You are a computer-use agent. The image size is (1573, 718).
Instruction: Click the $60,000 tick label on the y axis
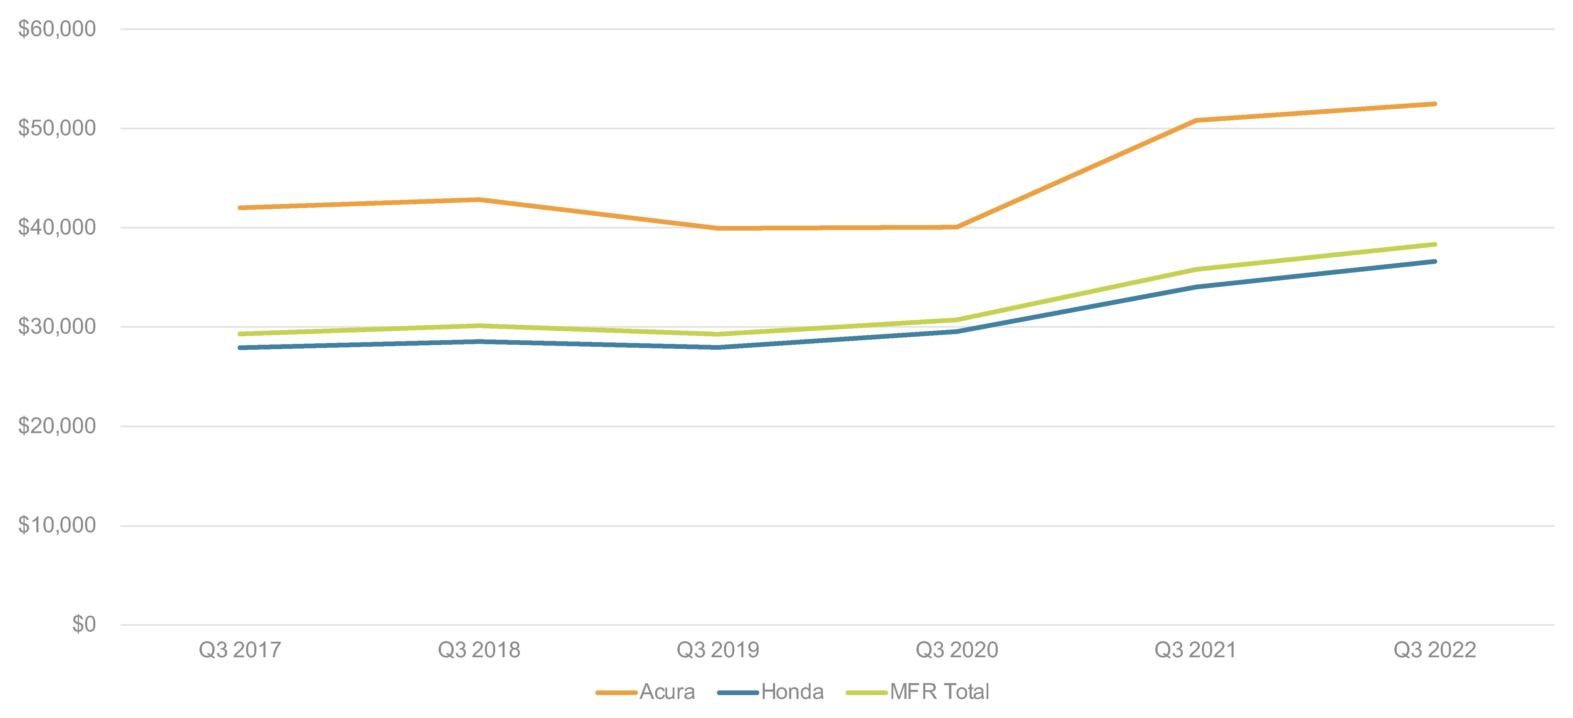pyautogui.click(x=57, y=29)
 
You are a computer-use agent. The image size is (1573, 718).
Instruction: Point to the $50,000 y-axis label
pyautogui.click(x=57, y=128)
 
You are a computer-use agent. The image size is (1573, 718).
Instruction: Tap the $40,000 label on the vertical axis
pyautogui.click(x=57, y=227)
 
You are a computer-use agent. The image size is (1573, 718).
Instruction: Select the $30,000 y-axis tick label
pyautogui.click(x=57, y=327)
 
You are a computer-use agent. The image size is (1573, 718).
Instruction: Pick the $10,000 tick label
pyautogui.click(x=57, y=525)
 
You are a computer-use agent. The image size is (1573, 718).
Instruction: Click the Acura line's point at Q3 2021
pyautogui.click(x=1196, y=120)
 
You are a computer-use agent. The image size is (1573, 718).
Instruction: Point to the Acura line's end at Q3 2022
pyautogui.click(x=1434, y=104)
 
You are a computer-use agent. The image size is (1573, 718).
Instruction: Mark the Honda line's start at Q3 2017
pyautogui.click(x=240, y=347)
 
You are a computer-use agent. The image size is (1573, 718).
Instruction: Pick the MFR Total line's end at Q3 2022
pyautogui.click(x=1434, y=244)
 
